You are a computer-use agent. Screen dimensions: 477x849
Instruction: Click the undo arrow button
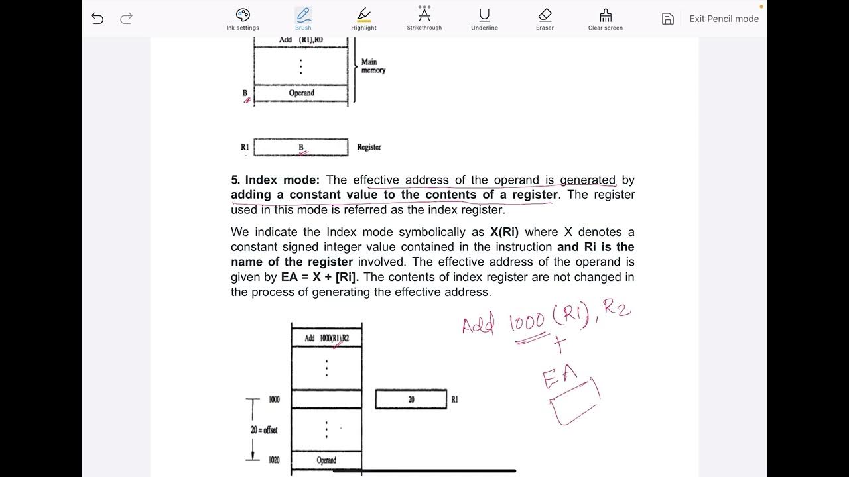98,18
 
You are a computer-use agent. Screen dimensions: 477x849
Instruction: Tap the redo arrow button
126,18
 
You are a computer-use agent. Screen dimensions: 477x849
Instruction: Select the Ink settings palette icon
243,15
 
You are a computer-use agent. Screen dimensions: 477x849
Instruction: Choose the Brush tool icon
303,15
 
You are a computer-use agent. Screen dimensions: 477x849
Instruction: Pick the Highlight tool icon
363,15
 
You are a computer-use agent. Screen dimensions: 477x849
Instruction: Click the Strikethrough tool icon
424,15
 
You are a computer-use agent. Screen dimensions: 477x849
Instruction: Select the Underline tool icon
484,15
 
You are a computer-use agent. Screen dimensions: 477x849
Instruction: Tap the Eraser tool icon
545,15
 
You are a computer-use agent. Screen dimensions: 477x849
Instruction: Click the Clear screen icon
605,15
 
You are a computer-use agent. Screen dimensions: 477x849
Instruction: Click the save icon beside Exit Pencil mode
668,19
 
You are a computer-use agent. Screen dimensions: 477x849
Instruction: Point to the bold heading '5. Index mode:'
275,180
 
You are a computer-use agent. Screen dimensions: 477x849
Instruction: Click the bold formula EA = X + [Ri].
325,277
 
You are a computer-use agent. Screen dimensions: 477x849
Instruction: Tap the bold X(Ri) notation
504,232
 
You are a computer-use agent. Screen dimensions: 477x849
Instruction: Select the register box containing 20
411,399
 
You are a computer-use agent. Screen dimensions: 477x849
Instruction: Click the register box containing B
300,147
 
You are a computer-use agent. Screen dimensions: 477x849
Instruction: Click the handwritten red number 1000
527,323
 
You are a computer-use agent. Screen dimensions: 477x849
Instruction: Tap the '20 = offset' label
264,430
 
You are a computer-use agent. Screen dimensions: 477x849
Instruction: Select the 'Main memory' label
373,66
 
